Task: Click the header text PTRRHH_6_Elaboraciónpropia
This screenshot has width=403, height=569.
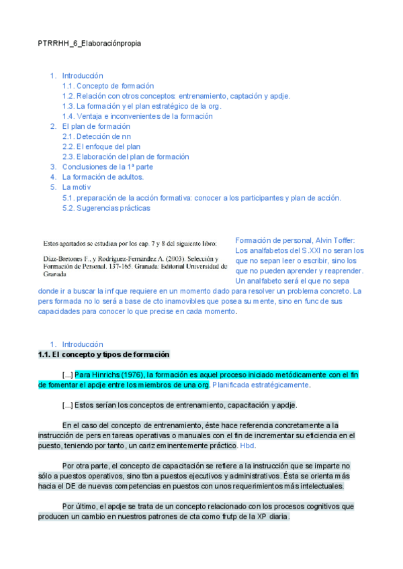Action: (89, 43)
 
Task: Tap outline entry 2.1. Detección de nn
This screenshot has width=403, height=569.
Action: (97, 136)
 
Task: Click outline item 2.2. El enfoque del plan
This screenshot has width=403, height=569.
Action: (101, 146)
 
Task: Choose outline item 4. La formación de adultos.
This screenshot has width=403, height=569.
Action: (103, 177)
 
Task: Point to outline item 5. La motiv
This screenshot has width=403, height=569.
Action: (77, 187)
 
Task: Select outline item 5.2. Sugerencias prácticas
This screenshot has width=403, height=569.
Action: (106, 208)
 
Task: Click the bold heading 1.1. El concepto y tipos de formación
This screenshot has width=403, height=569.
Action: (104, 354)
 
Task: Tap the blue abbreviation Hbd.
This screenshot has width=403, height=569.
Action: (247, 446)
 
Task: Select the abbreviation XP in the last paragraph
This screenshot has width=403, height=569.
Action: (257, 517)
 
